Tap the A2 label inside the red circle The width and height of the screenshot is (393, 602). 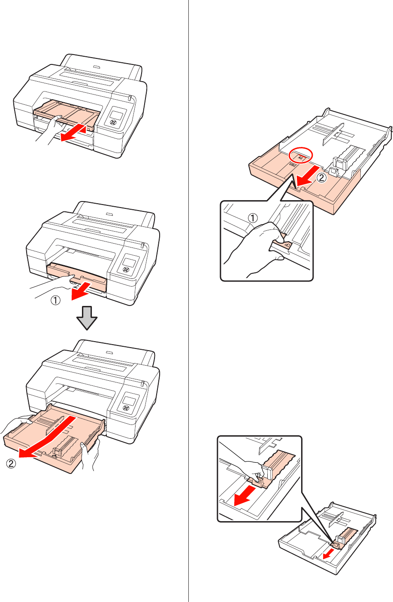301,158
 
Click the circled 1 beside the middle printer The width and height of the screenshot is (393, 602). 56,301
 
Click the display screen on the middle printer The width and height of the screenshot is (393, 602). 129,262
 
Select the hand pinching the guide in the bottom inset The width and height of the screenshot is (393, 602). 244,466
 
